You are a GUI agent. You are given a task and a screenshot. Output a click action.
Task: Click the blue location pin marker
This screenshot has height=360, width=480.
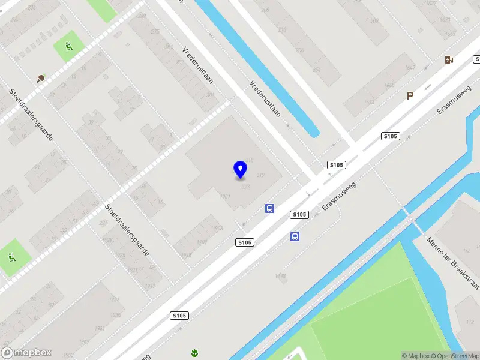(241, 169)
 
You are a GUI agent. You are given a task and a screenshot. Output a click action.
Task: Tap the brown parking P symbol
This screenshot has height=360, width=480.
(410, 95)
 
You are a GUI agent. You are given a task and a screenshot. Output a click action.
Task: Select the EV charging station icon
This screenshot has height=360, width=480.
(448, 59)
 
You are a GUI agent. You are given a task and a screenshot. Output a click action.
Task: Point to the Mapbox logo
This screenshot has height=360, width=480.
(26, 353)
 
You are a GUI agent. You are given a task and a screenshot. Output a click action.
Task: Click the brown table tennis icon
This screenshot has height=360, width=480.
(41, 78)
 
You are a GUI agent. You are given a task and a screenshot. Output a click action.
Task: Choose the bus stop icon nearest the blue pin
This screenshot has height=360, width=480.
(270, 208)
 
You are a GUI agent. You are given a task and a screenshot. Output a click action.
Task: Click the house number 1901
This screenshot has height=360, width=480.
(226, 196)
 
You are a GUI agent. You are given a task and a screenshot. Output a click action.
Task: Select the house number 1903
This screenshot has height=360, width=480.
(217, 229)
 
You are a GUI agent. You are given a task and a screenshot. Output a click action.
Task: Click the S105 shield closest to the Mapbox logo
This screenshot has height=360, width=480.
(179, 316)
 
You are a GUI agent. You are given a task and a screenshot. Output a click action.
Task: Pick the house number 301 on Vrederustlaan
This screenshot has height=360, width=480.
(210, 95)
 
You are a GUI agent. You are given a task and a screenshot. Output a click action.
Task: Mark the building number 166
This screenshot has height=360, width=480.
(466, 251)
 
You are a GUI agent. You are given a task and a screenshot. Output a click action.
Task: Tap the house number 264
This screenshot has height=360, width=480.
(316, 70)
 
